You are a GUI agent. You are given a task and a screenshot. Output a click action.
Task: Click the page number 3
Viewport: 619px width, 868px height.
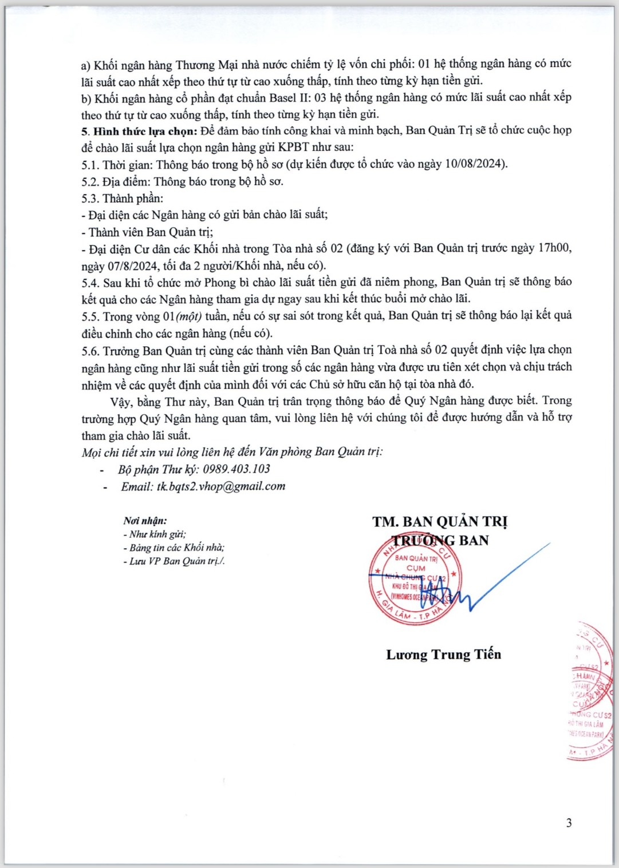pyautogui.click(x=569, y=823)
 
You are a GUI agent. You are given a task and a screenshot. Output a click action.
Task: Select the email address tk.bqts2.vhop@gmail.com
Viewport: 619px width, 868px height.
pyautogui.click(x=220, y=486)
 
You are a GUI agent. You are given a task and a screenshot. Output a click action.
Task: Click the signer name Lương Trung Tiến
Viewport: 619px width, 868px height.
pyautogui.click(x=443, y=655)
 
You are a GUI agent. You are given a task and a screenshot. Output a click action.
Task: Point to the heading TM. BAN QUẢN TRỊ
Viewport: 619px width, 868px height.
pyautogui.click(x=440, y=522)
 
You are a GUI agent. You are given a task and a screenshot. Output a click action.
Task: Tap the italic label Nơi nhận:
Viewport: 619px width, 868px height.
pyautogui.click(x=145, y=521)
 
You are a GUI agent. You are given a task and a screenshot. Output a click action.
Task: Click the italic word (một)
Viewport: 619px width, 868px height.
pyautogui.click(x=192, y=316)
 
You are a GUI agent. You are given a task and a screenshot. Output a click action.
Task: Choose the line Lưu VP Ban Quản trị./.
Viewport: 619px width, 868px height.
pyautogui.click(x=174, y=561)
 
